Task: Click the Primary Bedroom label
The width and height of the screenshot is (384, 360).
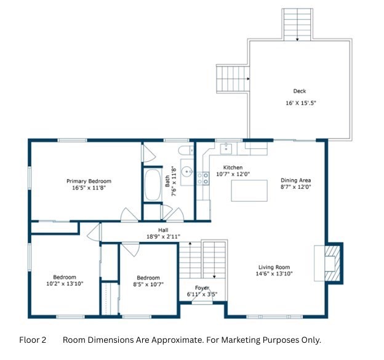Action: [x=89, y=181]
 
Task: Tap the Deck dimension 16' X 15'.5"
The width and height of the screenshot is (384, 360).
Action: [x=301, y=103]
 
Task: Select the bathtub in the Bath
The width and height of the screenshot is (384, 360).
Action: [x=153, y=185]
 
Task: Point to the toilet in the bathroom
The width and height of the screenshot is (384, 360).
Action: [x=186, y=150]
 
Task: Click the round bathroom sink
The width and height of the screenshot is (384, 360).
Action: [x=187, y=172]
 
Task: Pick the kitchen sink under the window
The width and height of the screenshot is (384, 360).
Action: [x=226, y=149]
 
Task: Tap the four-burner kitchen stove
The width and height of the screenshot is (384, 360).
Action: [x=203, y=178]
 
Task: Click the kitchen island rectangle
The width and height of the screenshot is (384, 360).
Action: [x=249, y=191]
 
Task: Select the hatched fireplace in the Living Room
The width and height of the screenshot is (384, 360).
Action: [x=332, y=263]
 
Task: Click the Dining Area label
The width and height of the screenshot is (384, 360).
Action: [x=296, y=180]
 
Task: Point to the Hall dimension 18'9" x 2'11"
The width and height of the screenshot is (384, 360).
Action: [x=163, y=236]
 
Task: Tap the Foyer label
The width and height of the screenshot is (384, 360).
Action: [x=202, y=288]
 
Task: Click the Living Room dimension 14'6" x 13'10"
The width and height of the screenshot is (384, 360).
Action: [x=274, y=274]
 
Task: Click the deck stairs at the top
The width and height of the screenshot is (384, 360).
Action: [x=297, y=25]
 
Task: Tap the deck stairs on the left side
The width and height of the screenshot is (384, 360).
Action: [x=233, y=79]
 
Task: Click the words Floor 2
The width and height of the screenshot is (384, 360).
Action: [x=33, y=340]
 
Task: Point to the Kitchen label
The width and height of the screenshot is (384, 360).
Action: [x=233, y=167]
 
